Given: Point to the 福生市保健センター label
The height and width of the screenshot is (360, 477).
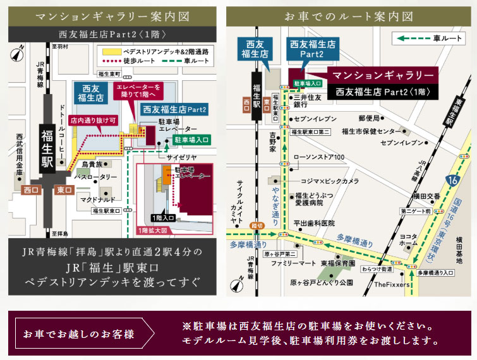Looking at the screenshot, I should pos(376,131).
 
